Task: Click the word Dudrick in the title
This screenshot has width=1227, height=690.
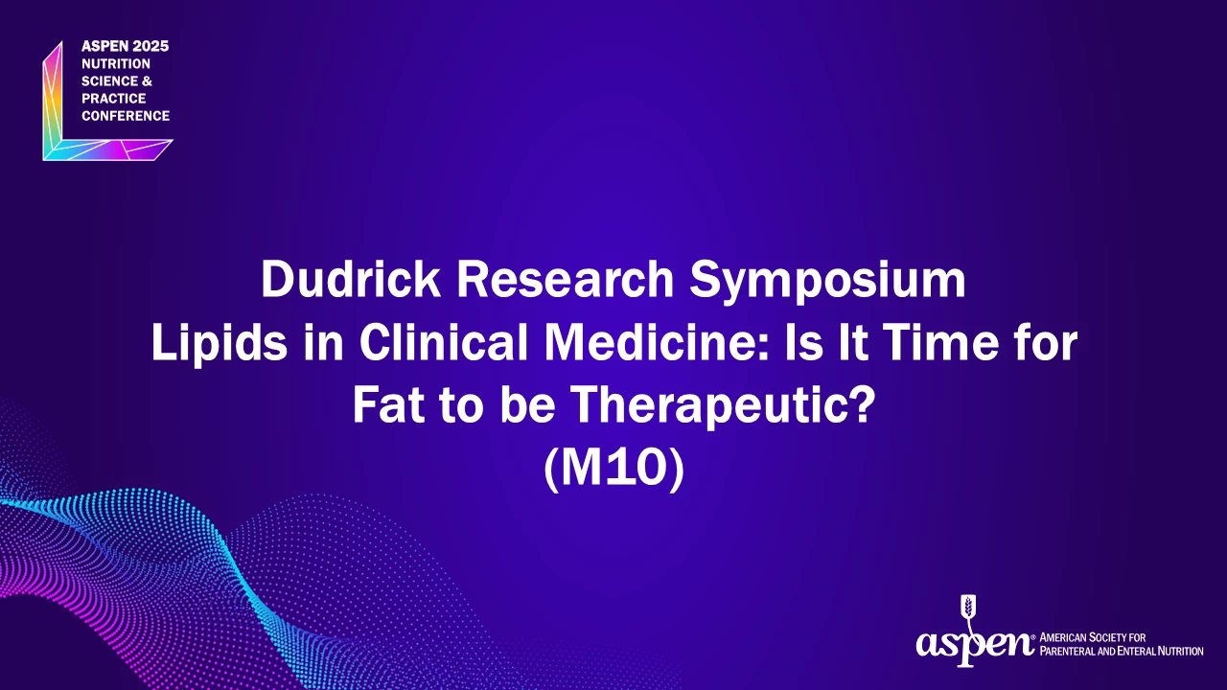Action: pos(351,279)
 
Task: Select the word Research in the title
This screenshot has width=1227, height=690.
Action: pos(565,279)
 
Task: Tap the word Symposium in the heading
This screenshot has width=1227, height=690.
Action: pos(827,283)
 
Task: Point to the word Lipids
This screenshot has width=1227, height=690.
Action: pos(220,345)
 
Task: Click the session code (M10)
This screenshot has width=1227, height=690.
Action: pos(614,470)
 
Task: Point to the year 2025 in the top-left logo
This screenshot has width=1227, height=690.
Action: pos(150,47)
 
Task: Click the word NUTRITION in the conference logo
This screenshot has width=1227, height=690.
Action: pos(116,64)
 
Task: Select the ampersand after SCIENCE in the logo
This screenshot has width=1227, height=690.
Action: pos(147,81)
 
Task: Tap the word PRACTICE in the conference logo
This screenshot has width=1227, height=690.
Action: pos(113,99)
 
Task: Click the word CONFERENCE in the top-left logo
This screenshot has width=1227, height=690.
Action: pos(126,116)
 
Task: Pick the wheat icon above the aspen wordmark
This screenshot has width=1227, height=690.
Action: pos(969,609)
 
